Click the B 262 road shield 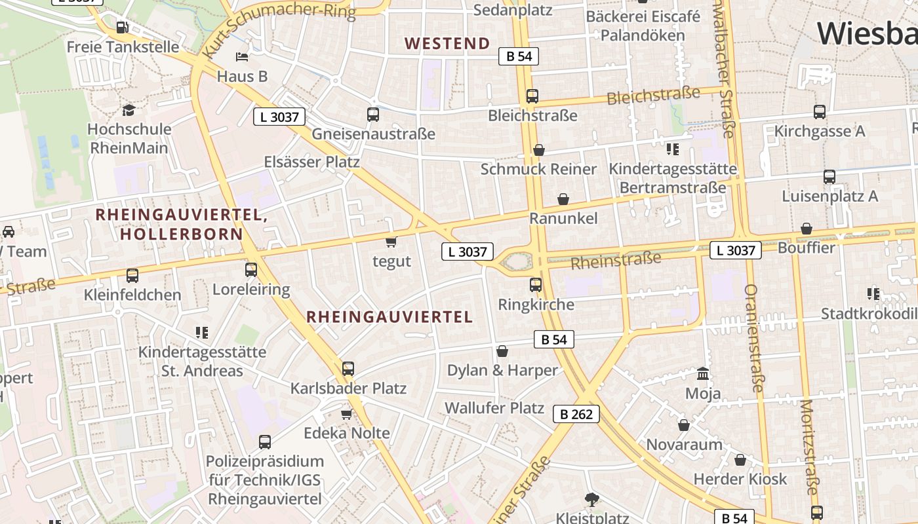pyautogui.click(x=576, y=414)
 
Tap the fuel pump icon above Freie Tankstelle pyautogui.click(x=122, y=28)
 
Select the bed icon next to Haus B pyautogui.click(x=242, y=57)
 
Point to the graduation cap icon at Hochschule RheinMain pyautogui.click(x=129, y=110)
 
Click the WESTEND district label pyautogui.click(x=447, y=44)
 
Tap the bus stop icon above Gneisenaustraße pyautogui.click(x=373, y=115)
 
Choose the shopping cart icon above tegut pyautogui.click(x=391, y=242)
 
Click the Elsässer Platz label pyautogui.click(x=311, y=162)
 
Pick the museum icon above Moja pyautogui.click(x=703, y=374)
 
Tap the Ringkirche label pyautogui.click(x=536, y=305)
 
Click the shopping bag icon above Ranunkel pyautogui.click(x=563, y=199)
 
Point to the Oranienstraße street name pyautogui.click(x=754, y=338)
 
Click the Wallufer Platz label pyautogui.click(x=494, y=408)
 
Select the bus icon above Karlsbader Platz pyautogui.click(x=348, y=369)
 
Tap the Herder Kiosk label pyautogui.click(x=740, y=479)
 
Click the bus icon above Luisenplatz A pyautogui.click(x=829, y=177)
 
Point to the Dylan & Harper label pyautogui.click(x=502, y=371)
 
